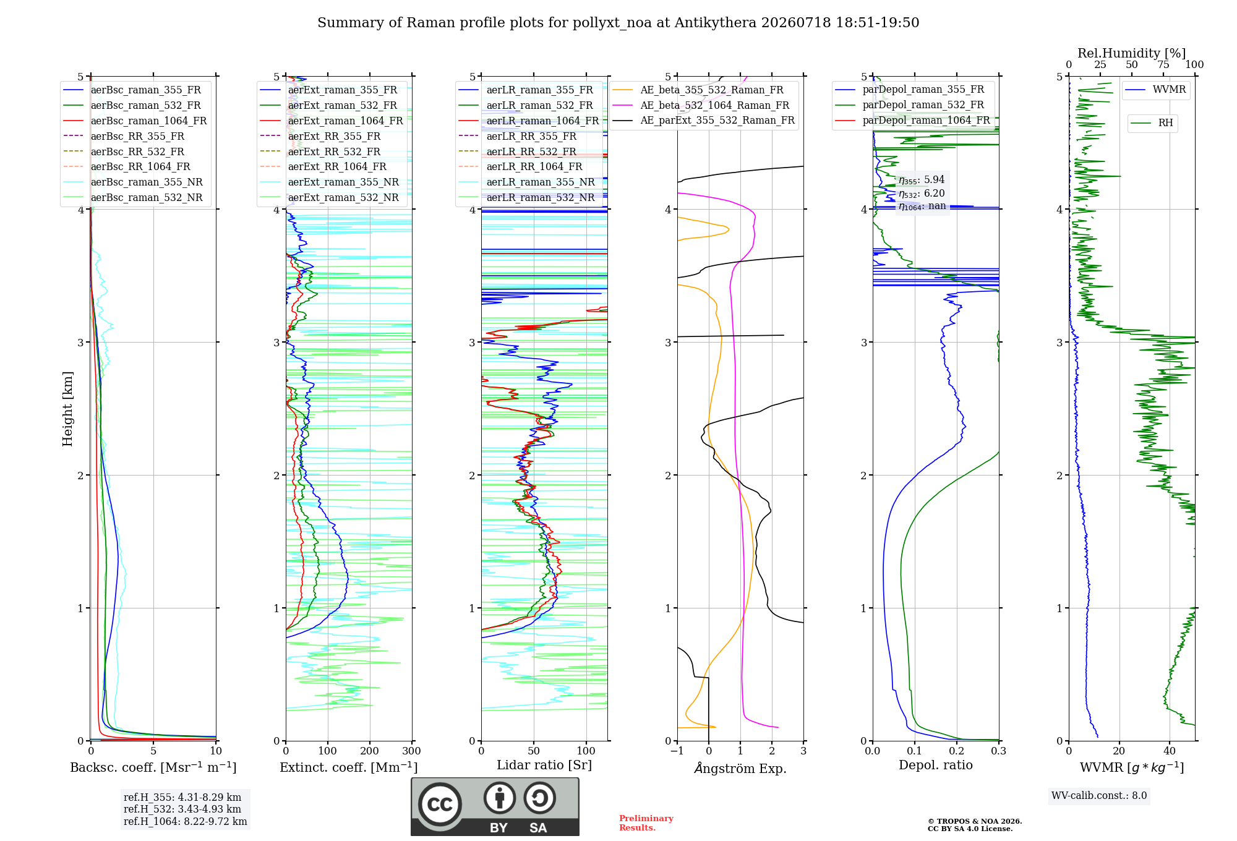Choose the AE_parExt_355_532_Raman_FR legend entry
pos(704,120)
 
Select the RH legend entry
pos(1152,123)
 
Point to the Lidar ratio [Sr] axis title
pos(544,765)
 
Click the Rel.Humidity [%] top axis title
pos(1131,53)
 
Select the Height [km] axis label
pos(67,409)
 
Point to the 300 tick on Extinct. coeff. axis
pos(411,751)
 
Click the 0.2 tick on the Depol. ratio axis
pos(956,751)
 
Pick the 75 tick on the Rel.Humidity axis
pos(1163,64)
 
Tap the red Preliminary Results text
pos(646,823)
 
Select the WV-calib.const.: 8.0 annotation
pos(1099,796)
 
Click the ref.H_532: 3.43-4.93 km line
pos(182,809)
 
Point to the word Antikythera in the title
pos(716,23)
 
